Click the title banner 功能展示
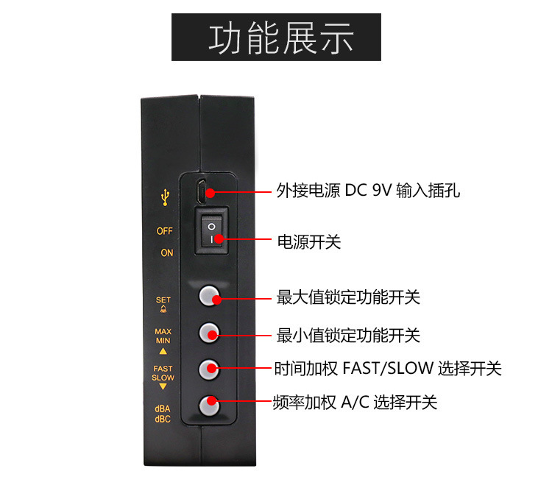pos(276,38)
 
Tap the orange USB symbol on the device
pos(165,197)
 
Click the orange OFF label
pos(165,231)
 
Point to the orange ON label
pos(167,253)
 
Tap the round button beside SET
pos(210,296)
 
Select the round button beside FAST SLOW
pos(210,367)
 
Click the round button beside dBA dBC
pos(210,403)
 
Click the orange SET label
pos(163,300)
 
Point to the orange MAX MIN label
pos(163,336)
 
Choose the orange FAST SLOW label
pos(163,373)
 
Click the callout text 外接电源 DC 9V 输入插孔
pos(368,191)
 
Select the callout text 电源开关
pos(308,241)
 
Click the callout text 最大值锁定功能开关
pos(348,298)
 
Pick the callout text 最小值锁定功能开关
pos(348,336)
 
